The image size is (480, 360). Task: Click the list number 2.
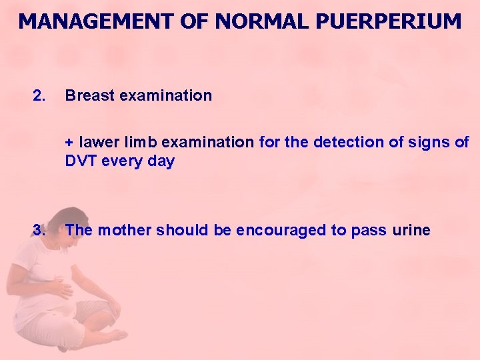click(x=39, y=96)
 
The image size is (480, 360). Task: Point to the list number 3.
click(x=39, y=231)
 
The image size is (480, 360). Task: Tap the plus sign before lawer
click(x=69, y=143)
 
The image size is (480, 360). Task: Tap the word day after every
click(x=162, y=161)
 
